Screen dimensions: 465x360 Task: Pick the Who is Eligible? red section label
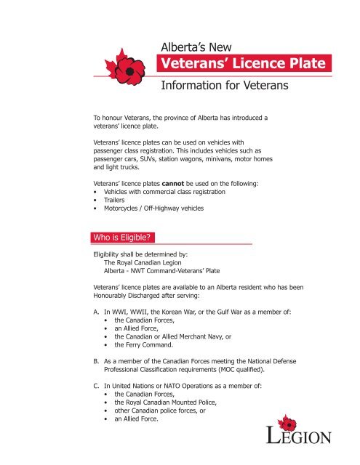pos(119,238)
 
